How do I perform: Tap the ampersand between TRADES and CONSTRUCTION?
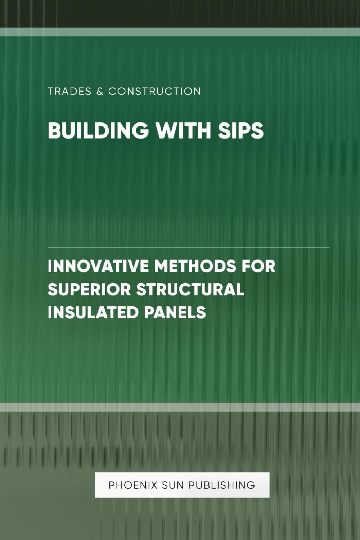point(100,92)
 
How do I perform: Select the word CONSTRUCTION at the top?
point(154,92)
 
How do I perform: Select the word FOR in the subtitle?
point(258,267)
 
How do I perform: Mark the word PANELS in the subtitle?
point(175,312)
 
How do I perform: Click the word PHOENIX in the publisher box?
point(133,485)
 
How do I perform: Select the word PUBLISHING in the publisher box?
point(222,485)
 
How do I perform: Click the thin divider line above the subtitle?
point(188,248)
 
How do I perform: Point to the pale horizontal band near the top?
point(180,32)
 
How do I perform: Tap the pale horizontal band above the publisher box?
point(180,407)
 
